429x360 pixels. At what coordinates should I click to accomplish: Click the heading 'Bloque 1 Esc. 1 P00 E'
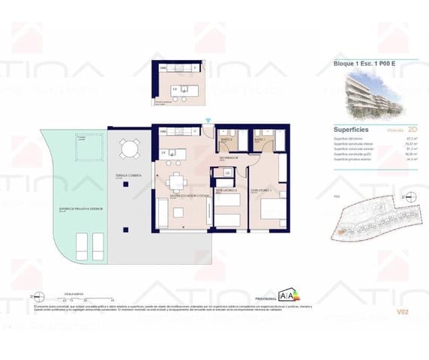[365, 64]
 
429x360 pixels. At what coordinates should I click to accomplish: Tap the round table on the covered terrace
[131, 148]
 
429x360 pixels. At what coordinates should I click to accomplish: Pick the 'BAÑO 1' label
[261, 139]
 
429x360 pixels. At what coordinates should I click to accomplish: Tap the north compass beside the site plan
[403, 196]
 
